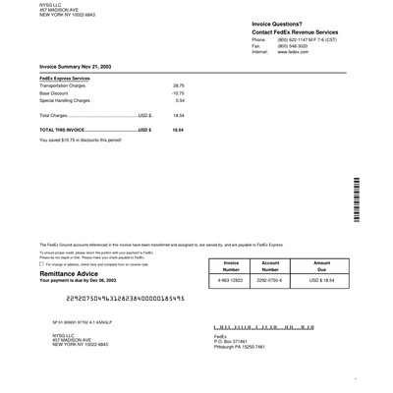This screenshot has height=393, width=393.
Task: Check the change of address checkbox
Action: tap(41, 264)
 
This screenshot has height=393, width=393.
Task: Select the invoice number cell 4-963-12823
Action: tap(231, 281)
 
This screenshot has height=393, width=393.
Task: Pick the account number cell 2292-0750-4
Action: tap(270, 281)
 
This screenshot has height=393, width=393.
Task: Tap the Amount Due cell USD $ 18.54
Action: tap(321, 281)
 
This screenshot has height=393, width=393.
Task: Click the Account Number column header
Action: tap(270, 265)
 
